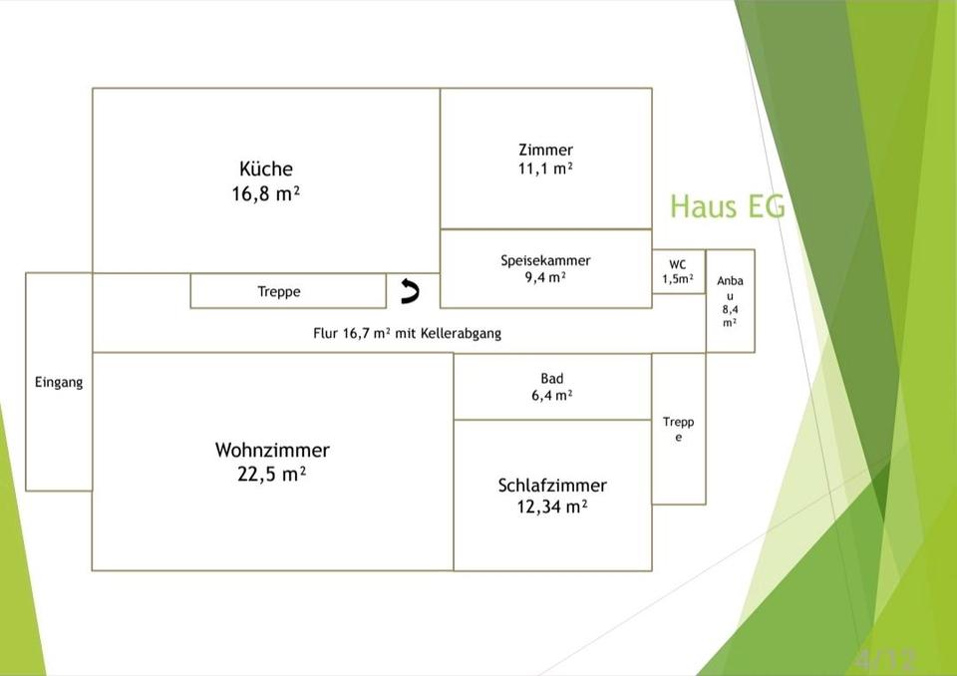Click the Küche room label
[x=265, y=169]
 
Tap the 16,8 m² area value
[x=265, y=193]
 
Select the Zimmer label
[x=545, y=150]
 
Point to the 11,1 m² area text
[x=545, y=169]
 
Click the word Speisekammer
[x=545, y=261]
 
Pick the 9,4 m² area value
[x=545, y=278]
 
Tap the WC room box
[x=679, y=272]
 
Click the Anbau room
[x=730, y=300]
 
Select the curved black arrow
[x=410, y=291]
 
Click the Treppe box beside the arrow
[x=288, y=291]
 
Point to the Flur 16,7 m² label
[x=352, y=333]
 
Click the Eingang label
[x=59, y=382]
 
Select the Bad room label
[x=551, y=379]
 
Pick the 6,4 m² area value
[x=551, y=396]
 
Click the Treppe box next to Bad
[x=679, y=429]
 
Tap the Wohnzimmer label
[x=272, y=450]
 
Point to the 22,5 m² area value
[x=271, y=474]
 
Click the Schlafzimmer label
[x=552, y=486]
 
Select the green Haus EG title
[x=728, y=205]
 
